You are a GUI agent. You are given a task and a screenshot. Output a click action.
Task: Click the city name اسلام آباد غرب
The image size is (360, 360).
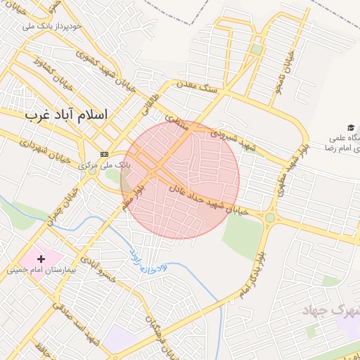(66, 115)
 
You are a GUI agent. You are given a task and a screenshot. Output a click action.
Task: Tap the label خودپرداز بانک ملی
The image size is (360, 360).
(53, 26)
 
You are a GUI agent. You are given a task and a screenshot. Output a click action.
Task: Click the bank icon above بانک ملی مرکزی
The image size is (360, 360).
(105, 154)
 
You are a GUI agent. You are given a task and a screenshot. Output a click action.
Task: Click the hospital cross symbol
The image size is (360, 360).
(41, 259)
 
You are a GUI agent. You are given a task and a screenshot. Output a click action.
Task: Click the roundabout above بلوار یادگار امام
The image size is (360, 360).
(270, 218)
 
